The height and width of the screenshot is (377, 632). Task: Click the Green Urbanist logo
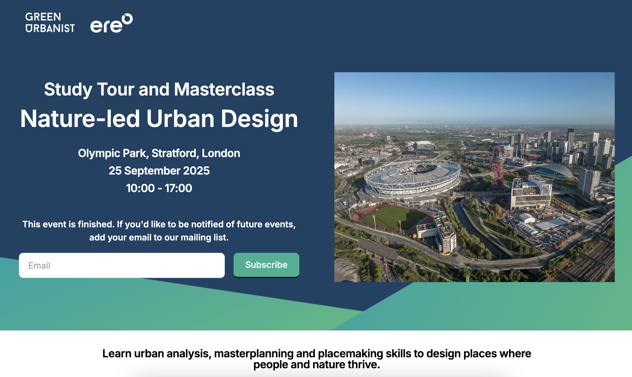50,22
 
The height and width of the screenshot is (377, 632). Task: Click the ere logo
111,23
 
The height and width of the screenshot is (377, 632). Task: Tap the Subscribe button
266,265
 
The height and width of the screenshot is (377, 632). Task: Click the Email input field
122,265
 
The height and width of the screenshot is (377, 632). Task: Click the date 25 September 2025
159,171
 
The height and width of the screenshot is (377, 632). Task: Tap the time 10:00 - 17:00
159,188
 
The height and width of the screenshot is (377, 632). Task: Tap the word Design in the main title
259,119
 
